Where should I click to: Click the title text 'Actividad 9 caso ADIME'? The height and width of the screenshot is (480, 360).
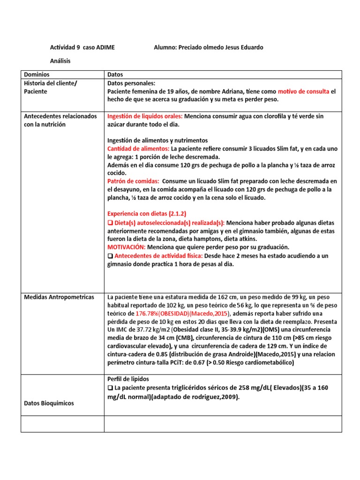coord(82,47)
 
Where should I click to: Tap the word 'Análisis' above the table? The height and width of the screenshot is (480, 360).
coord(60,61)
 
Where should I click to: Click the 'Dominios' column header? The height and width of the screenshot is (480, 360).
coord(37,75)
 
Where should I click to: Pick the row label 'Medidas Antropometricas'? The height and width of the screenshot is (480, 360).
coord(59,297)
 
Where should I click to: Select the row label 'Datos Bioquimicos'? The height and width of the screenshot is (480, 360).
coord(49,403)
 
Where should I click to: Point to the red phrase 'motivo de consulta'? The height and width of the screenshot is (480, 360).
coord(303,91)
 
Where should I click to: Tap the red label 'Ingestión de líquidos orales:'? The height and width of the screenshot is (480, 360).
coord(145,116)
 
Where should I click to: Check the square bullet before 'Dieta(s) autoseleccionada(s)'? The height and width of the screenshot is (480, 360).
coord(111,223)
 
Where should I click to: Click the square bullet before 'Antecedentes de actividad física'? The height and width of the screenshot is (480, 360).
coord(111,255)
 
